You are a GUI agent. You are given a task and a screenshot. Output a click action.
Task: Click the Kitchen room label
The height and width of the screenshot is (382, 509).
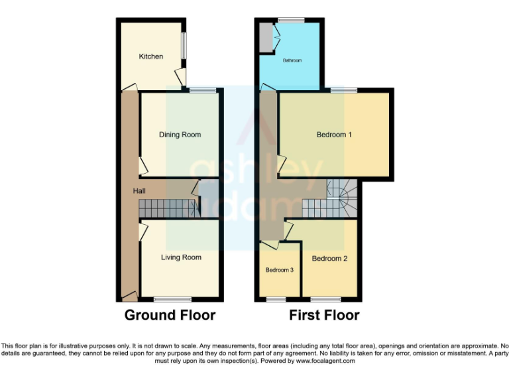[x=150, y=56]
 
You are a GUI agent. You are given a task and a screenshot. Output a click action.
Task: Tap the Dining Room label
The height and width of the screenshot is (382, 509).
[x=180, y=135]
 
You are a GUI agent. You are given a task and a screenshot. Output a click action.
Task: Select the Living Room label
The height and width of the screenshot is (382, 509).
[x=181, y=257]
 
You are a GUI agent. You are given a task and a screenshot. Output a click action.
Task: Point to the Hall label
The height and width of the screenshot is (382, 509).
[x=139, y=191]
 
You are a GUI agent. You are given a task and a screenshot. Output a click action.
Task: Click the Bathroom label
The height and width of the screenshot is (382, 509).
[x=292, y=60]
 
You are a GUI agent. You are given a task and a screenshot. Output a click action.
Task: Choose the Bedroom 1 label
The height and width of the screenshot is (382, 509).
[x=334, y=135]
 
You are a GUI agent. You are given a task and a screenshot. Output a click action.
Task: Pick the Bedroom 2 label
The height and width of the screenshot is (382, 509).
[x=329, y=259]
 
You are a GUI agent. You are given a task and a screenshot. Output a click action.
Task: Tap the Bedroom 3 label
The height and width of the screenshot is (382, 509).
[x=280, y=270]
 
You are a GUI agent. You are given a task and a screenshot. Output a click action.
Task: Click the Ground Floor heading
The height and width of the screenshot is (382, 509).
[x=170, y=316]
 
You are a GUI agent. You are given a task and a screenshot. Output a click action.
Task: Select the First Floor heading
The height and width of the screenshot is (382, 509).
[x=324, y=316]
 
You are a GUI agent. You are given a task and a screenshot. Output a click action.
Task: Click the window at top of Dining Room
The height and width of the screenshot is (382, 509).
[x=203, y=90]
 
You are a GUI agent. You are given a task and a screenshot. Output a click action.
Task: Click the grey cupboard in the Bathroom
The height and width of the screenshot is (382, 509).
[x=265, y=36]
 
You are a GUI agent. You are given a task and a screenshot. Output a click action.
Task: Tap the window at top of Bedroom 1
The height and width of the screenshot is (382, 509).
[x=343, y=90]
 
